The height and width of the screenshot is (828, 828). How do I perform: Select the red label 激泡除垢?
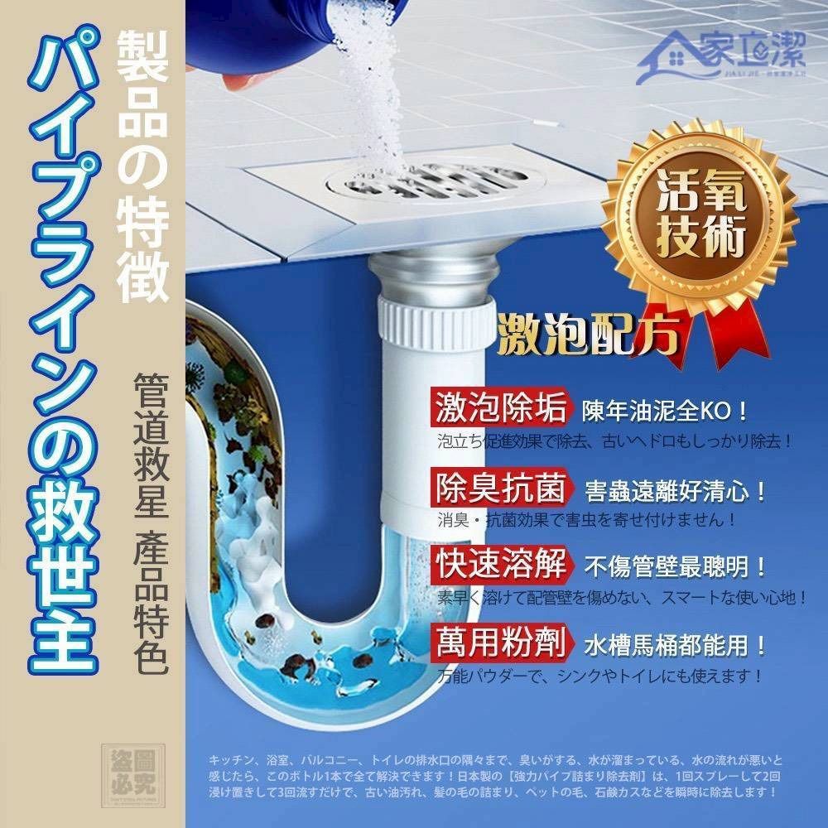(500, 408)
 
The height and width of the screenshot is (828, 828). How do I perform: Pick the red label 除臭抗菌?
(500, 488)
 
